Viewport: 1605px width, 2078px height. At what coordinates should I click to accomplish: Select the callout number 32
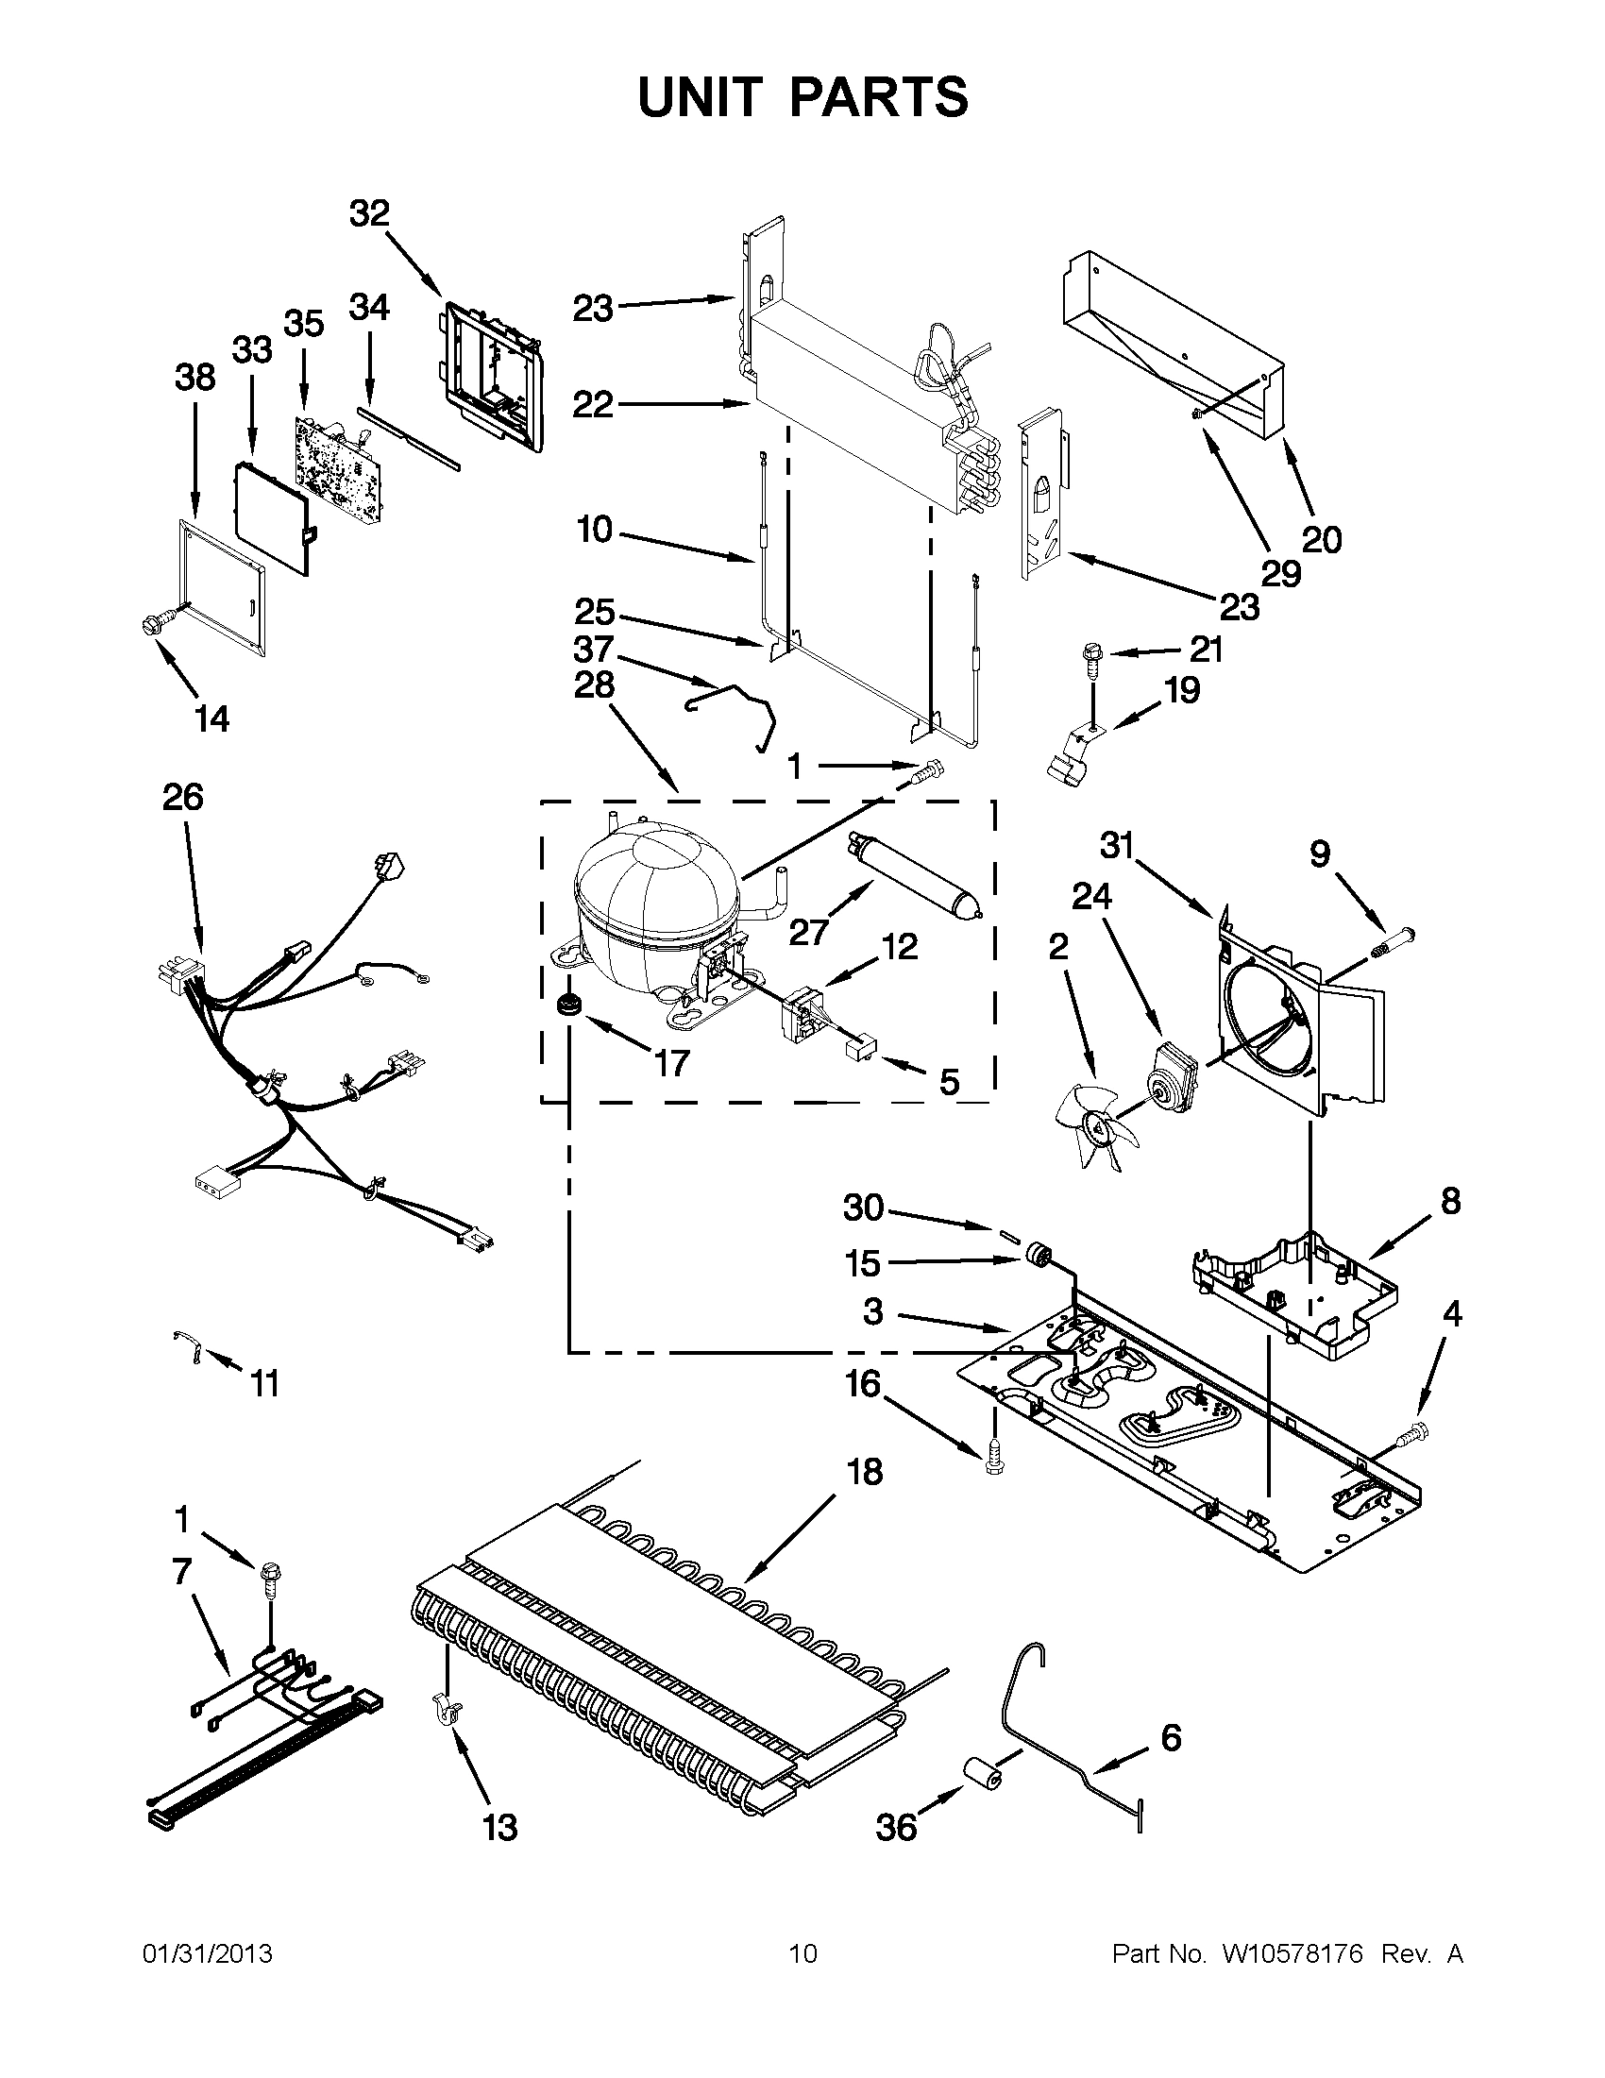tap(369, 213)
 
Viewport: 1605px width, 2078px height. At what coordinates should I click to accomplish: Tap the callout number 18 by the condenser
tap(865, 1471)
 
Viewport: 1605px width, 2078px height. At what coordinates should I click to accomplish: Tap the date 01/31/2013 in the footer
tap(208, 1954)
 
